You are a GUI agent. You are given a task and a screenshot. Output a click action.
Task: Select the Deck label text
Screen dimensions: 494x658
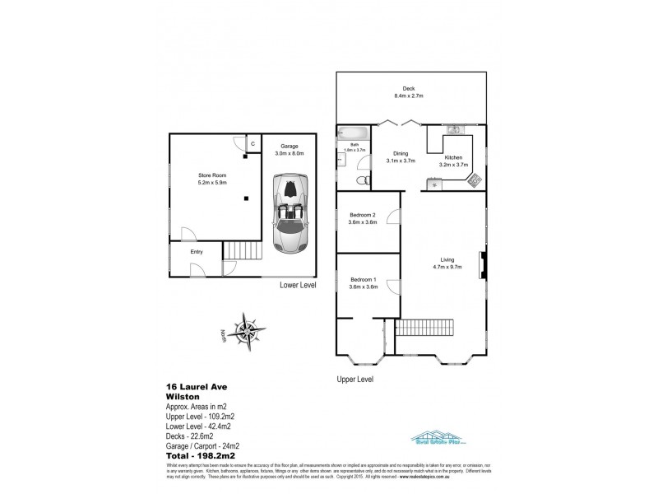coord(407,90)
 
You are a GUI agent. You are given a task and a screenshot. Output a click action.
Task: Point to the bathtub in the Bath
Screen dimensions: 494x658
coord(353,133)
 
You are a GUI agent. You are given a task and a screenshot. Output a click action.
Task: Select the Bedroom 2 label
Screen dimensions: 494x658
coord(363,216)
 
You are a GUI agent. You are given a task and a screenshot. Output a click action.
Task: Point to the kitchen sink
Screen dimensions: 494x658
coord(453,130)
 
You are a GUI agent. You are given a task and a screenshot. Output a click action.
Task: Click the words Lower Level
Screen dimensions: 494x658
coord(298,285)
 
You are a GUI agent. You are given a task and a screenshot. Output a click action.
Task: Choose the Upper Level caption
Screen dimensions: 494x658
coord(355,380)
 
